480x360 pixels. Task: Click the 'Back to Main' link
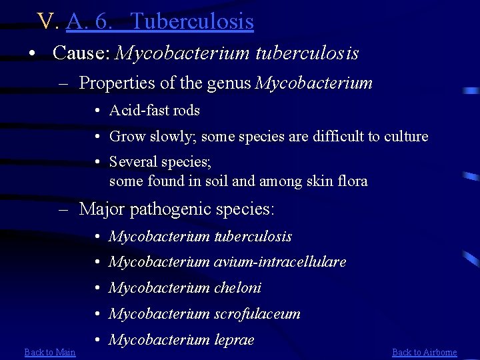[50, 352]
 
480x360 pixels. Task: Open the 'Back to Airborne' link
[425, 352]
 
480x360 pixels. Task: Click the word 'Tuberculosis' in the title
[193, 21]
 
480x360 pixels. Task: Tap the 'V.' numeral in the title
[49, 21]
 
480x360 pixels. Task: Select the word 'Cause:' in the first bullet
[81, 53]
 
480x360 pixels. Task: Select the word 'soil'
[221, 181]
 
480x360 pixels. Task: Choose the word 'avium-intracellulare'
[280, 262]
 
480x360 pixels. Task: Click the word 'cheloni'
[237, 288]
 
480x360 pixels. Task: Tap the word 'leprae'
[234, 340]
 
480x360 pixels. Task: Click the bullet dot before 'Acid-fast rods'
[98, 111]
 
